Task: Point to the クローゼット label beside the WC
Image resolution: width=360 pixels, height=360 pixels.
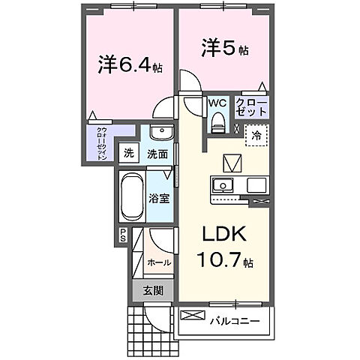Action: click(x=250, y=106)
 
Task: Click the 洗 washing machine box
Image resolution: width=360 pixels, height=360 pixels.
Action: click(x=128, y=151)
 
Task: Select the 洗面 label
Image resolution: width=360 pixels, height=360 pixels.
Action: click(x=156, y=153)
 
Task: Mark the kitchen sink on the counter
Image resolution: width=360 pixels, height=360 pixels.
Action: click(x=223, y=184)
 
